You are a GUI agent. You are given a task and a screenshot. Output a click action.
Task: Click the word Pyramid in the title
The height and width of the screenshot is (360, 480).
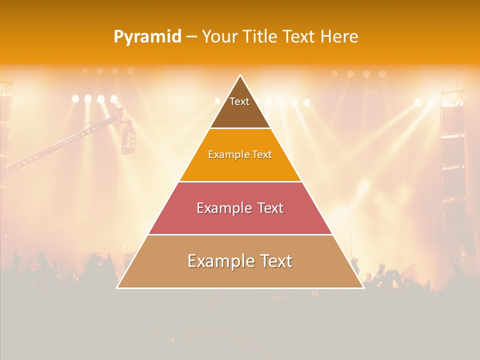147,37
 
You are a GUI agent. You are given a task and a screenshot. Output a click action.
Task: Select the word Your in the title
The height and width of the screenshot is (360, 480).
219,36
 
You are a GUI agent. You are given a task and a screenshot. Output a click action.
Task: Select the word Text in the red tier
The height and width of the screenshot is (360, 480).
270,208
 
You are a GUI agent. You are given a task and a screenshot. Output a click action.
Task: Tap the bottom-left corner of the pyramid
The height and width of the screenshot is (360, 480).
117,287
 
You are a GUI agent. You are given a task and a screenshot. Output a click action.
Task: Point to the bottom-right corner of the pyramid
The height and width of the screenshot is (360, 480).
363,287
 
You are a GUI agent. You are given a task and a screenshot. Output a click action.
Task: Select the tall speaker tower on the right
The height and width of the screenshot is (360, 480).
453,150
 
